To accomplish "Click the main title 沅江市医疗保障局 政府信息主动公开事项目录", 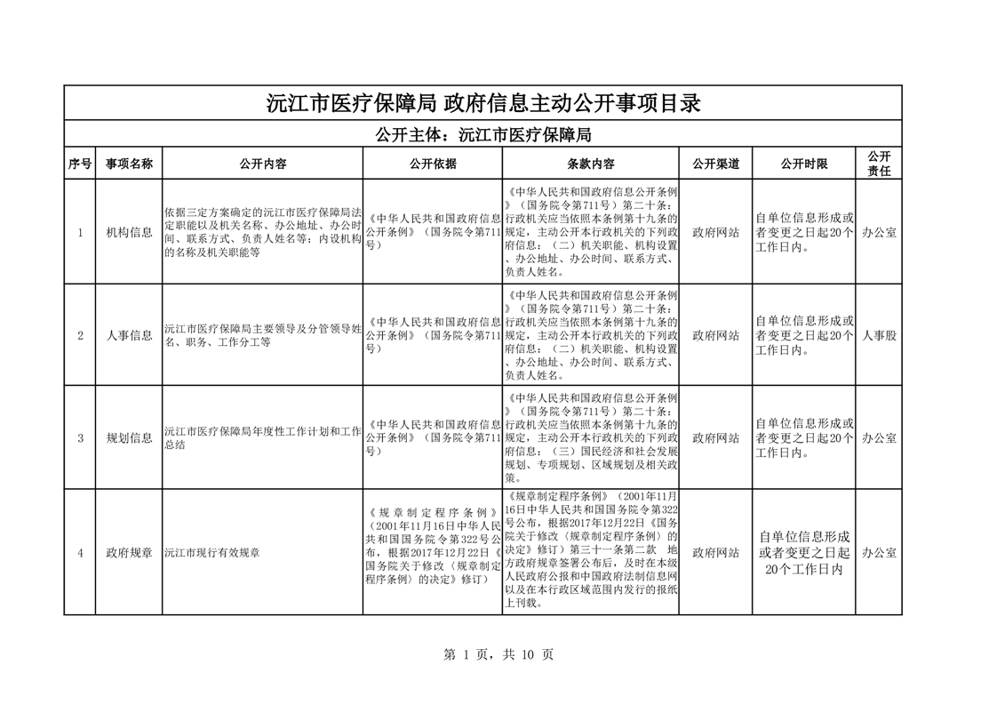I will pos(483,103).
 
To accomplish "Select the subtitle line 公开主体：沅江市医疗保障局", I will pos(483,135).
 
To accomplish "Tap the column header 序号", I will pos(80,164).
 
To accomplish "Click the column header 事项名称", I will pos(129,164).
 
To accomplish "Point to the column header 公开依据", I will pos(433,164).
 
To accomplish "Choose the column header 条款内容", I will pos(591,164).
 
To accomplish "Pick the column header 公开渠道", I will pos(716,164).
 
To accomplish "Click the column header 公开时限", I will pos(803,164).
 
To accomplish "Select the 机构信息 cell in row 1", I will pos(129,233).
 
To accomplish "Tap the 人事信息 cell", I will pos(129,335).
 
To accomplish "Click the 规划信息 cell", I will pos(129,437).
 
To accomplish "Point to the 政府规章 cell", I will pos(129,552).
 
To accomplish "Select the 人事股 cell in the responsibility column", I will pos(879,335).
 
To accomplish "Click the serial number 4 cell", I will pos(80,552).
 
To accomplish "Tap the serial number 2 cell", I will pos(80,335).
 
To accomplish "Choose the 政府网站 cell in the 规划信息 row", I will pos(716,437).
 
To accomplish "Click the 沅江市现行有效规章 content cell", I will pos(211,553).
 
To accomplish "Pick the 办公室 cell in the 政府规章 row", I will pos(879,552).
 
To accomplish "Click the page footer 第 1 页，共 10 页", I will pos(498,654).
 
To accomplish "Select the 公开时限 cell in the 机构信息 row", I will pos(803,233).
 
